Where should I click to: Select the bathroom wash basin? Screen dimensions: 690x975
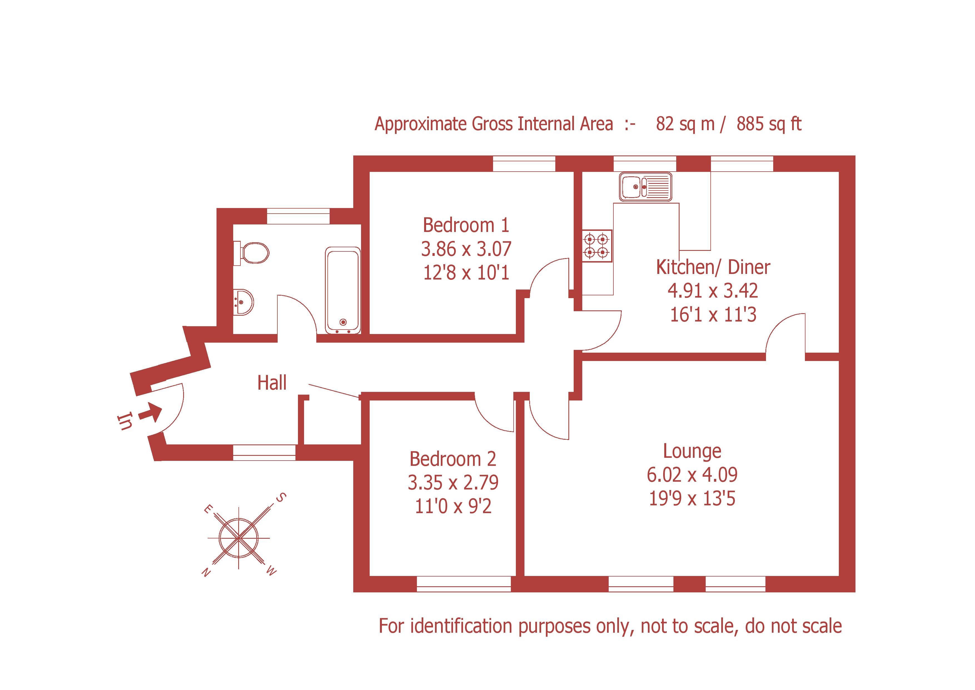click(244, 302)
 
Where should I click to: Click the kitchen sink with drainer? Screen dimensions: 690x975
click(645, 186)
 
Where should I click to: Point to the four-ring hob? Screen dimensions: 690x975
click(597, 246)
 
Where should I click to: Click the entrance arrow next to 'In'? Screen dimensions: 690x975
click(151, 412)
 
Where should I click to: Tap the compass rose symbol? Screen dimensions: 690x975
click(239, 538)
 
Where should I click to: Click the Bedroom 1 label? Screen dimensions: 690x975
click(466, 225)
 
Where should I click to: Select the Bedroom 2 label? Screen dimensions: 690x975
click(453, 459)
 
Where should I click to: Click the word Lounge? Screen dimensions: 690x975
click(692, 451)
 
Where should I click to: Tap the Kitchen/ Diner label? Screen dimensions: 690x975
click(713, 267)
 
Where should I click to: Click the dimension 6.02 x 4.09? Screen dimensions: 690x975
click(692, 474)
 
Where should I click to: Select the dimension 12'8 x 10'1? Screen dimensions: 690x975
click(466, 273)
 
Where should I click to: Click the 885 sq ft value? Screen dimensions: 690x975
click(768, 124)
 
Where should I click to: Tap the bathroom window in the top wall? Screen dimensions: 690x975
click(298, 216)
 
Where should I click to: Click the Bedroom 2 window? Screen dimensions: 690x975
click(463, 584)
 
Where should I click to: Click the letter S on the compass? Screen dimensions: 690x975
click(281, 497)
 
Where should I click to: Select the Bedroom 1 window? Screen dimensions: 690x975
click(524, 164)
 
